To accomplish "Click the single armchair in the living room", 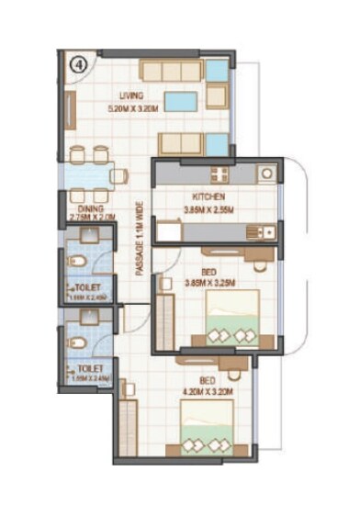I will [x=217, y=95].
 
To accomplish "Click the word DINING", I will [x=89, y=208].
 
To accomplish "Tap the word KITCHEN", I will [x=209, y=196].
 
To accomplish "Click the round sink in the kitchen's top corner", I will [x=265, y=172].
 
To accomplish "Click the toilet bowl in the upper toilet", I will [x=79, y=264].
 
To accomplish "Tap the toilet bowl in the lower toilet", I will [x=79, y=343].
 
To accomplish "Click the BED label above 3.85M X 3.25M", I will [x=208, y=271].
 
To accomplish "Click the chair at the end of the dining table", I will [x=118, y=175].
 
